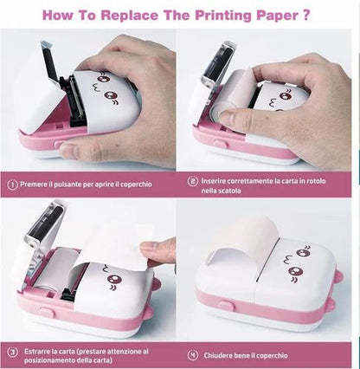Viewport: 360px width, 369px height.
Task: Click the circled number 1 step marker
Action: pos(12,183)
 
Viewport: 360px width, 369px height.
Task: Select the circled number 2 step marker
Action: pos(193,182)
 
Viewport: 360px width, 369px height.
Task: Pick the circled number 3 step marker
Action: pos(12,353)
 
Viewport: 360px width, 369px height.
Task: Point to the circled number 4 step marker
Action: pos(193,355)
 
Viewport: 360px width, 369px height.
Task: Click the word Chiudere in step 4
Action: pos(222,355)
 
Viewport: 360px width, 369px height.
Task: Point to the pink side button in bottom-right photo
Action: pos(226,305)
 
